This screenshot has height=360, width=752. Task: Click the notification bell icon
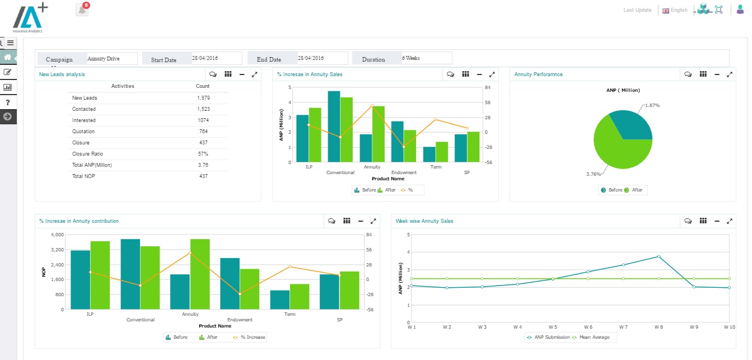[82, 10]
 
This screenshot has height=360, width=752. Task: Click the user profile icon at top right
[740, 10]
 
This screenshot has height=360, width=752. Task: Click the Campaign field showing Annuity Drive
[111, 59]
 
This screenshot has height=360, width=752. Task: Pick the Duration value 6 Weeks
[426, 58]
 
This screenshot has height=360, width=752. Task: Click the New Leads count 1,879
[203, 98]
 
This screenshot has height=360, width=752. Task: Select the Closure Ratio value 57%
[203, 154]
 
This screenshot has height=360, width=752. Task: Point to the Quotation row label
[83, 132]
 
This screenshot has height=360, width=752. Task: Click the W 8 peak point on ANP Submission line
[658, 256]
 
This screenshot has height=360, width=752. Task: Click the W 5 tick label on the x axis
[553, 327]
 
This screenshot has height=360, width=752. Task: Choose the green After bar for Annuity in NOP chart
[200, 274]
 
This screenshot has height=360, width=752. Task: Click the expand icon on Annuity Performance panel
[729, 74]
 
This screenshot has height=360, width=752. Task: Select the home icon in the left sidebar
[8, 57]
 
